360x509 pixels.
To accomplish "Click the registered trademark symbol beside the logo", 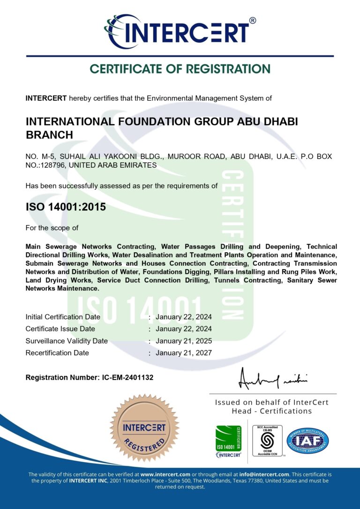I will pyautogui.click(x=253, y=21).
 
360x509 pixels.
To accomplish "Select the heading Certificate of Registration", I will pyautogui.click(x=180, y=69).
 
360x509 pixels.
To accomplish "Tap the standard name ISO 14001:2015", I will pyautogui.click(x=66, y=206).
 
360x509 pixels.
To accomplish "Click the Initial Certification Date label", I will pyautogui.click(x=63, y=317).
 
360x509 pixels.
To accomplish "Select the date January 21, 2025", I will pyautogui.click(x=184, y=341).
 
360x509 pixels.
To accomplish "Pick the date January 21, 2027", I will pyautogui.click(x=184, y=352).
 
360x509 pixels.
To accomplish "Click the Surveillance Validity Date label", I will pyautogui.click(x=67, y=341).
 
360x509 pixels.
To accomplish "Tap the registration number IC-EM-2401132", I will pyautogui.click(x=127, y=377).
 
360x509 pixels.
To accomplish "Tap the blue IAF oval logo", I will pyautogui.click(x=307, y=441).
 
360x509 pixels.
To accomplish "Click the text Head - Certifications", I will pyautogui.click(x=271, y=411).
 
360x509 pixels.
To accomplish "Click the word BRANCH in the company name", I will pyautogui.click(x=49, y=135).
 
